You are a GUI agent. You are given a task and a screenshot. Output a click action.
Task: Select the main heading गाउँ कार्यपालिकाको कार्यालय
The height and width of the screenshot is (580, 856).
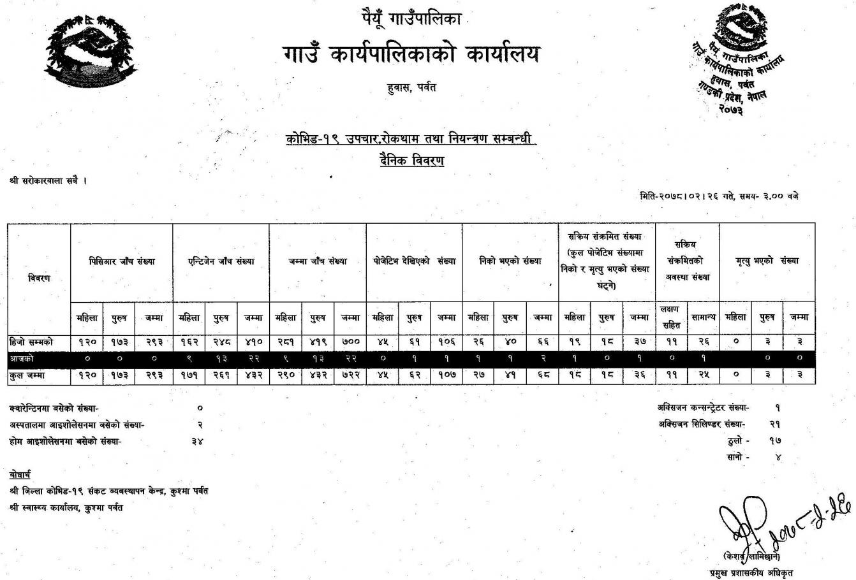(x=411, y=54)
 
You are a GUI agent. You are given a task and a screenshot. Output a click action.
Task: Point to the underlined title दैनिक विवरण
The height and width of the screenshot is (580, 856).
(x=411, y=160)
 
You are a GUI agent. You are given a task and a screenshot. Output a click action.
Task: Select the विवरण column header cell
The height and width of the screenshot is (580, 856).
(x=39, y=278)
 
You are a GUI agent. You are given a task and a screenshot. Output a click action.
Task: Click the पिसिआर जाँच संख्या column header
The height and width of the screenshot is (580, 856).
(x=122, y=261)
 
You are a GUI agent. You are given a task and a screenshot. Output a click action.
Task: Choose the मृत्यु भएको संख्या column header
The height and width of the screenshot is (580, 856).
(x=767, y=261)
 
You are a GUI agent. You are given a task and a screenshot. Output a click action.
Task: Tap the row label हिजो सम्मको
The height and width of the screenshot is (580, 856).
(x=33, y=342)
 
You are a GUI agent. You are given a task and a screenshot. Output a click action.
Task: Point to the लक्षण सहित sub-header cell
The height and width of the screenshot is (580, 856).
(x=672, y=317)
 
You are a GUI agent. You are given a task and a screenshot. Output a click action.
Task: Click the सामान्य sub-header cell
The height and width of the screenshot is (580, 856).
(x=704, y=317)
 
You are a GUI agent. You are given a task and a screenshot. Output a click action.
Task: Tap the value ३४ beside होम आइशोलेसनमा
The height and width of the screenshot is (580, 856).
(x=198, y=440)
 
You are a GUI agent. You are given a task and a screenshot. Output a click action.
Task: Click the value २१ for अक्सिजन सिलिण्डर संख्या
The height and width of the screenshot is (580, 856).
(x=776, y=424)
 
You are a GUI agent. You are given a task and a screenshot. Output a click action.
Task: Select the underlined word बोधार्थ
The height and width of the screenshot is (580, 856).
(x=20, y=475)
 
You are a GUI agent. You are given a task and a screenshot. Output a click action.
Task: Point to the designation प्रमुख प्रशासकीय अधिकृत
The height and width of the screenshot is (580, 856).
(x=752, y=572)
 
